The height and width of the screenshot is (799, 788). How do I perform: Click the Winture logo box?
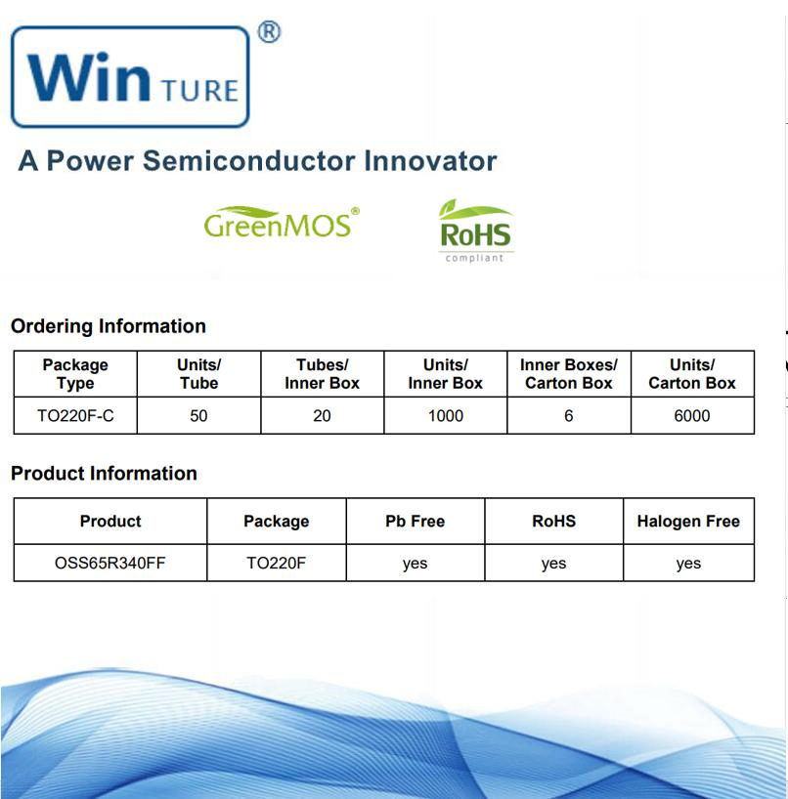pyautogui.click(x=130, y=77)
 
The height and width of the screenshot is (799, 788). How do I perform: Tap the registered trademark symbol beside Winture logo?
pyautogui.click(x=269, y=32)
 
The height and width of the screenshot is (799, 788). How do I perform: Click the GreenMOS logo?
pyautogui.click(x=281, y=223)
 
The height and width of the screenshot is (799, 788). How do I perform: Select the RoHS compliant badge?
pyautogui.click(x=475, y=231)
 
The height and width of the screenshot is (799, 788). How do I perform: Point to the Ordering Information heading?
pyautogui.click(x=109, y=326)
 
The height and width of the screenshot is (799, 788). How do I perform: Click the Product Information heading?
pyautogui.click(x=104, y=474)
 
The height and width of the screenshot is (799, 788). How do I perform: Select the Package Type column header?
pyautogui.click(x=75, y=374)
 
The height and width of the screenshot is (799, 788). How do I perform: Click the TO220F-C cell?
pyautogui.click(x=75, y=416)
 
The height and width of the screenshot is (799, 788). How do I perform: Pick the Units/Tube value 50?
pyautogui.click(x=198, y=416)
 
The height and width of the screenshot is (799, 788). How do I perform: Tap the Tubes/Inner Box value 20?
pyautogui.click(x=322, y=416)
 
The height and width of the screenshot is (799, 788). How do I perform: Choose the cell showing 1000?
pyautogui.click(x=445, y=416)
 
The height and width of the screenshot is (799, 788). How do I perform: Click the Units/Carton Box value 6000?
pyautogui.click(x=692, y=416)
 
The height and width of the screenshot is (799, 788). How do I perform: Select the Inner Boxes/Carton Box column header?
pyautogui.click(x=569, y=374)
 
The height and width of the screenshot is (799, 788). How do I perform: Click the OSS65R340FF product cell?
pyautogui.click(x=110, y=564)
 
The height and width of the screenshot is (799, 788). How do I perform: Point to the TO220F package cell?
pyautogui.click(x=276, y=564)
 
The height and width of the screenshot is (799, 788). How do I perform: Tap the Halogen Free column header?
pyautogui.click(x=688, y=522)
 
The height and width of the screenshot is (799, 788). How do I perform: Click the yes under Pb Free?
pyautogui.click(x=415, y=564)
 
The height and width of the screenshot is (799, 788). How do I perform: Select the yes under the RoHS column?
pyautogui.click(x=553, y=564)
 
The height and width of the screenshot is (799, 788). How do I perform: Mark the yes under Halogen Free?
pyautogui.click(x=688, y=564)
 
